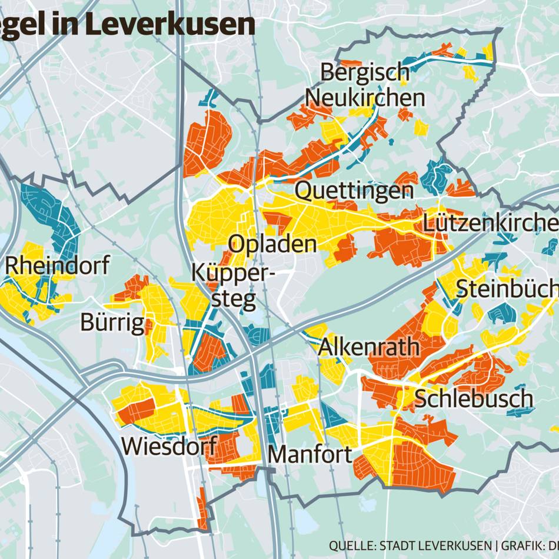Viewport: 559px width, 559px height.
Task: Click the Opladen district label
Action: pos(272,244)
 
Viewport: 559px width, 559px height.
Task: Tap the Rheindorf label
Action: pos(57,266)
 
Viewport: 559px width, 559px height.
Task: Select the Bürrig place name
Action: pos(112,322)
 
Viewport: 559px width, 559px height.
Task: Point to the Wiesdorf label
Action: pos(169,446)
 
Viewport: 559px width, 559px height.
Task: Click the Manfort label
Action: pos(310,454)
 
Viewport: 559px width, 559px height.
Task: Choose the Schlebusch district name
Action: pos(474,399)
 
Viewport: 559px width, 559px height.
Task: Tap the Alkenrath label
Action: pos(369,347)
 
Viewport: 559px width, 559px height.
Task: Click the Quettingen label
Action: pos(354,191)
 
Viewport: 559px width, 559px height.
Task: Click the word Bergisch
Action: pos(364,74)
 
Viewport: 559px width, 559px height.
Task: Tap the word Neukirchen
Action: pos(365,98)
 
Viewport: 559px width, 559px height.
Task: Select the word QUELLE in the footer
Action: pos(350,545)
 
